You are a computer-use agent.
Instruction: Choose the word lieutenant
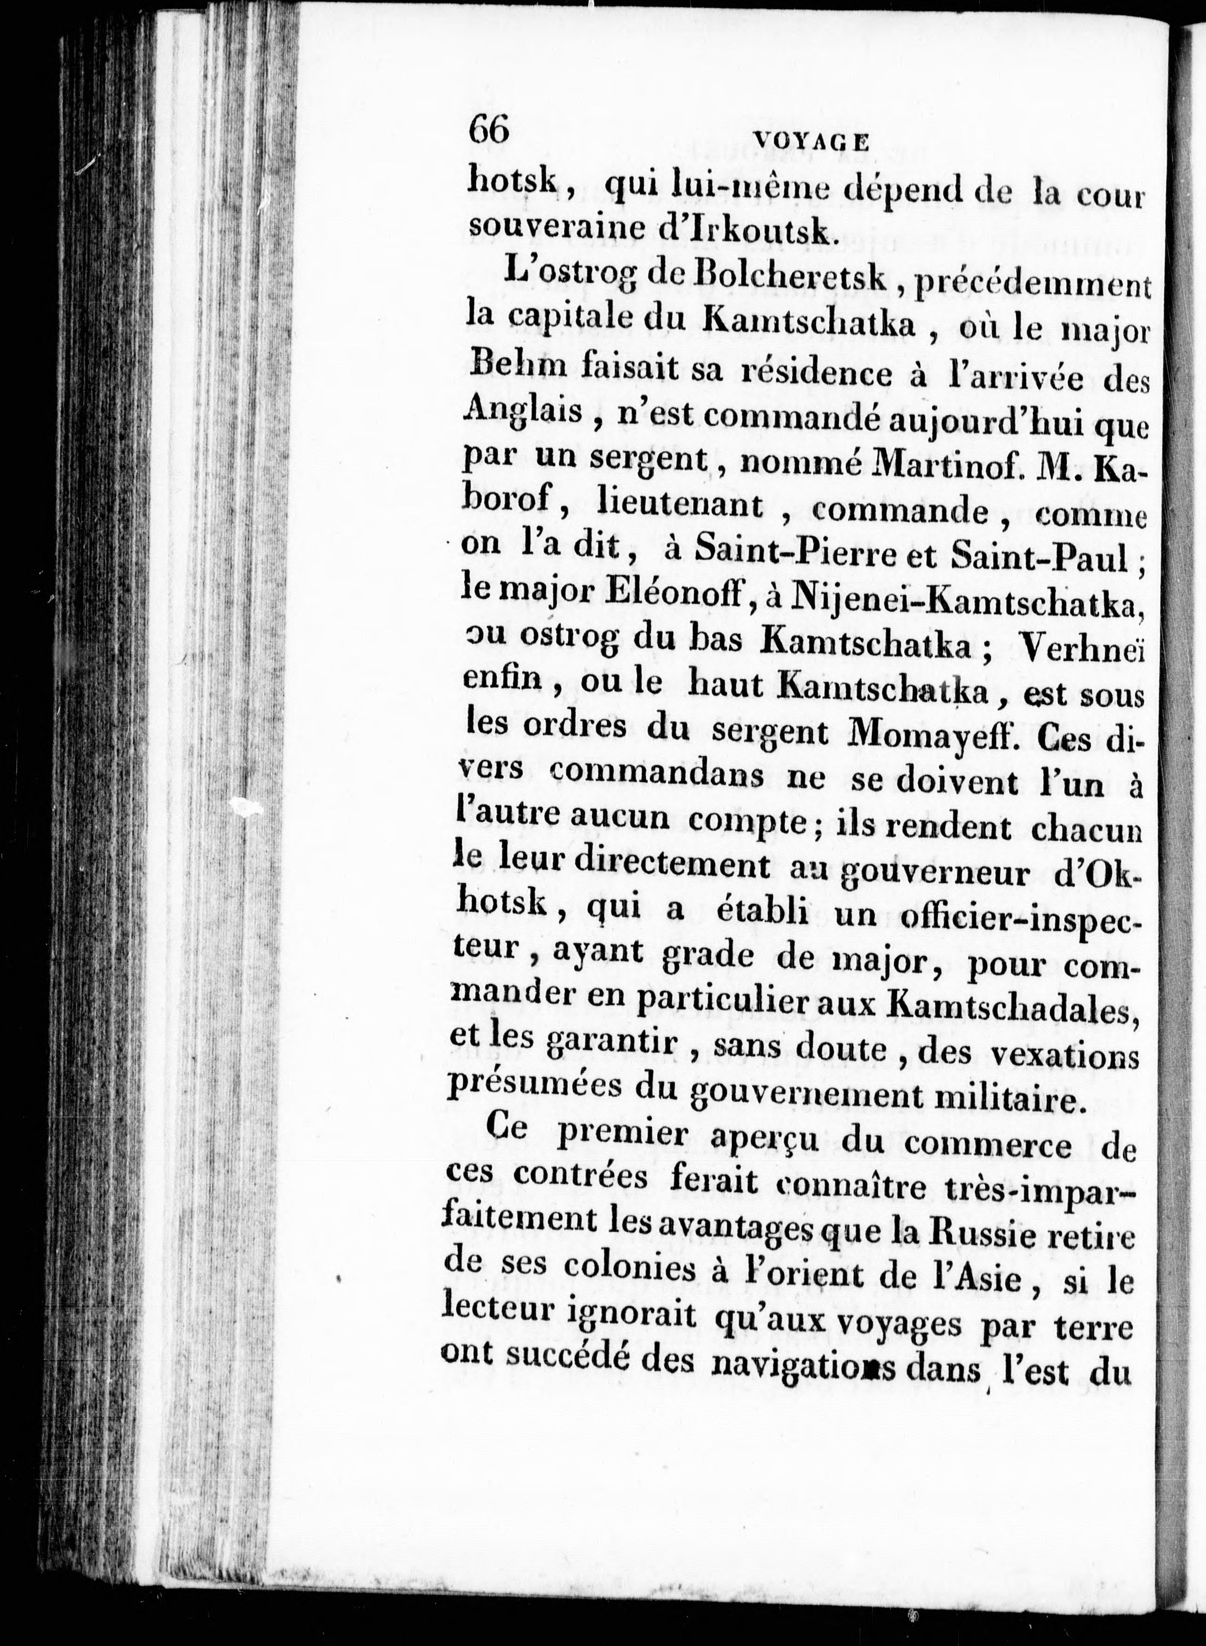click(x=681, y=505)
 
